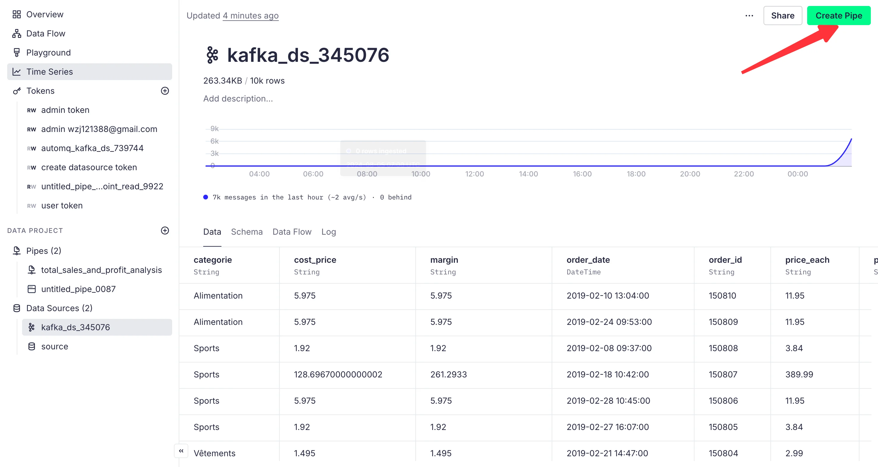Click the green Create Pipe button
(839, 16)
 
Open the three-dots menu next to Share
(749, 16)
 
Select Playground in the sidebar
(48, 53)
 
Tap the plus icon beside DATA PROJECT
(165, 231)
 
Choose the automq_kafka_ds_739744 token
(92, 148)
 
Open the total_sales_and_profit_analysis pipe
(101, 270)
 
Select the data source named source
(54, 346)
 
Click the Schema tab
(247, 232)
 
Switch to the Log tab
(328, 232)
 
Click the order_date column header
(588, 260)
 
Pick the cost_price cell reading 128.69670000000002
(338, 374)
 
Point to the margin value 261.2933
(448, 374)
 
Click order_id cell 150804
(723, 453)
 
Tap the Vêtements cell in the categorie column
(214, 453)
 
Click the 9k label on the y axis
(214, 129)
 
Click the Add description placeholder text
(238, 99)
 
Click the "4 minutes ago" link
(250, 16)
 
